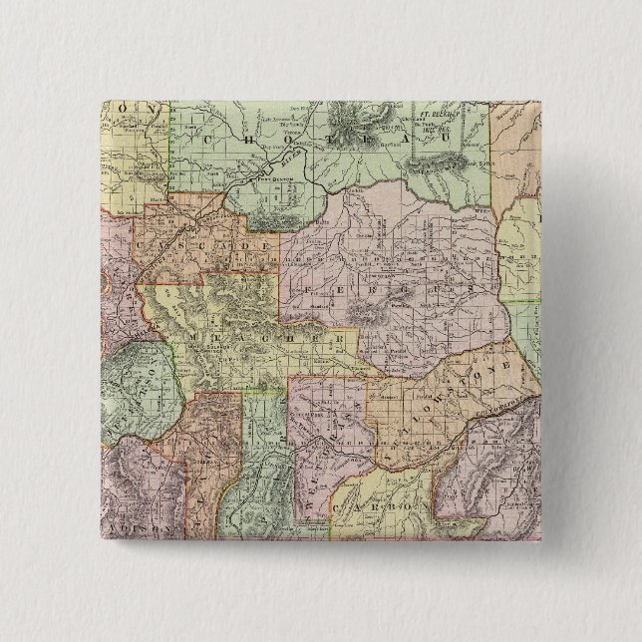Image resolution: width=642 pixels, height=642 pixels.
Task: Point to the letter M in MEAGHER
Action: click(x=181, y=332)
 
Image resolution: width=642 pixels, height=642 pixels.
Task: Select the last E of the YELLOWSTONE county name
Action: click(x=517, y=368)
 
